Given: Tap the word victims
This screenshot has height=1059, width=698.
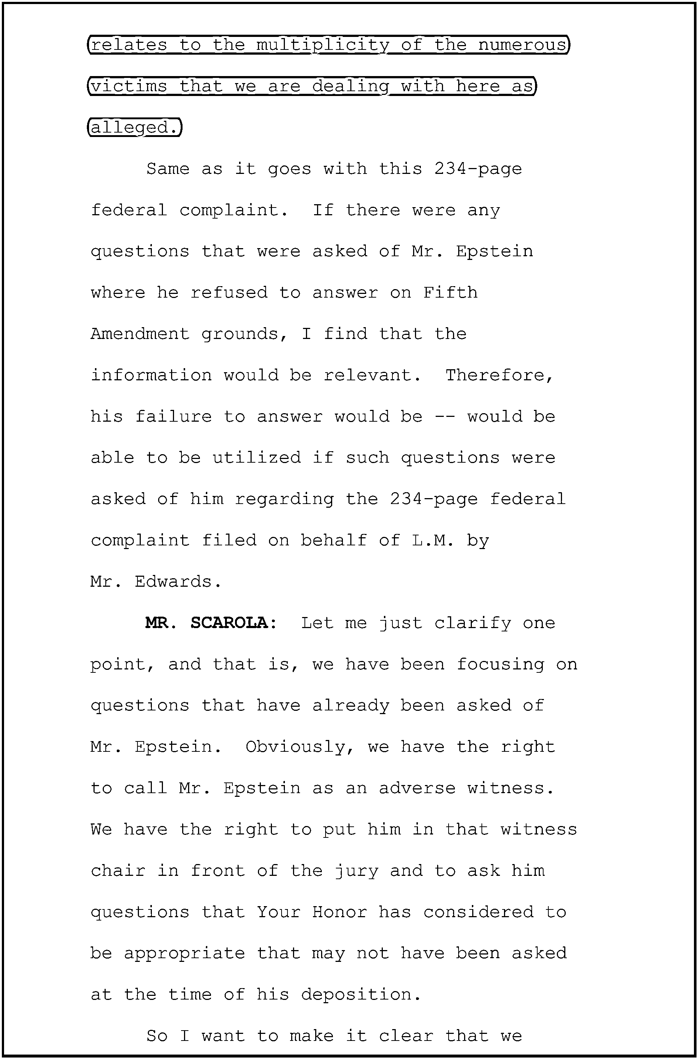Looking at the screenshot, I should click(129, 86).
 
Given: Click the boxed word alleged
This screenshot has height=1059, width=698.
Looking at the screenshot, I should click(135, 128).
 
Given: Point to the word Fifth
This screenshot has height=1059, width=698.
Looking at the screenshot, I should click(450, 293).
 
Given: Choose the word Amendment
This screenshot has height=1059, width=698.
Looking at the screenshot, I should click(140, 334).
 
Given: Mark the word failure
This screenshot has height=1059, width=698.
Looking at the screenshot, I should click(173, 417).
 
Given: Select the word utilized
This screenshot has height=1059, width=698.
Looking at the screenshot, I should click(256, 458).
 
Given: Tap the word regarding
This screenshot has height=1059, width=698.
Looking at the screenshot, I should click(284, 499).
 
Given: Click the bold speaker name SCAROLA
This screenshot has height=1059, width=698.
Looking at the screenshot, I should click(233, 623).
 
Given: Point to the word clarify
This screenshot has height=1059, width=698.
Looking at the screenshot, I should click(472, 623).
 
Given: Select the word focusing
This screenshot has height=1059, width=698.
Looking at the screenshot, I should click(500, 664).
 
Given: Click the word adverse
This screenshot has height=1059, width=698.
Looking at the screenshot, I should click(417, 788).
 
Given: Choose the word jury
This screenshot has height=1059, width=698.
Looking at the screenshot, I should click(356, 871).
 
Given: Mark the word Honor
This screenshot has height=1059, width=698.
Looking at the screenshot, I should click(339, 912).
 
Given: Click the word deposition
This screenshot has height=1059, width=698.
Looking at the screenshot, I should click(361, 994).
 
